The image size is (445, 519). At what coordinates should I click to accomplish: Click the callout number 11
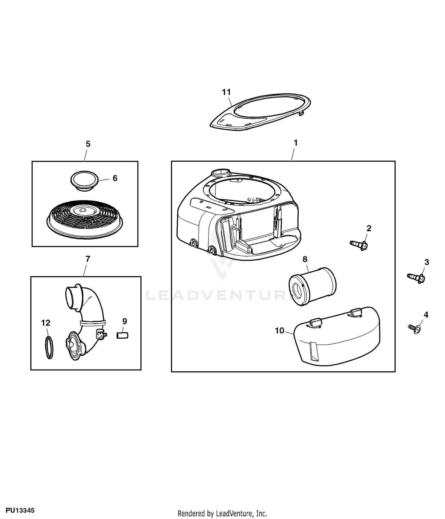coord(226,92)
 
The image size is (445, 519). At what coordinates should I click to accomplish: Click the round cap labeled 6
coord(84,181)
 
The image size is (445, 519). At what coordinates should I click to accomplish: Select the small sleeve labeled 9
coord(123,335)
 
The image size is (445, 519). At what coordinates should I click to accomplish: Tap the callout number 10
coord(279,330)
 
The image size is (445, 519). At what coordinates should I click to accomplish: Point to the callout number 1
coord(295,143)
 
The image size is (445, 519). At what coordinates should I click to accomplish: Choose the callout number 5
coord(88,144)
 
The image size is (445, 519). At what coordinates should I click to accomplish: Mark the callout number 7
coord(88,259)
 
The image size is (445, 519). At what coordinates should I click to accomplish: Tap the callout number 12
coord(46,323)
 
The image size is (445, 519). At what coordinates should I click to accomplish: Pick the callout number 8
coord(305,259)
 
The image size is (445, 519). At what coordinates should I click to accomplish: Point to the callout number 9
coord(125,321)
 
